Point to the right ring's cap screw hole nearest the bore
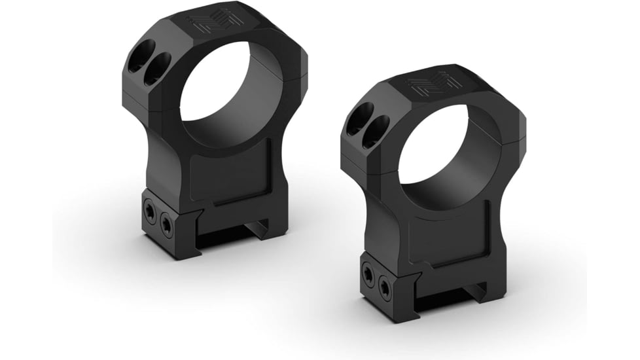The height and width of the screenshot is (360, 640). point(376,129)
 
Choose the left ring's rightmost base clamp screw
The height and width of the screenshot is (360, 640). point(167,225)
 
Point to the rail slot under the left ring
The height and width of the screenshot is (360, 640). point(229,232)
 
